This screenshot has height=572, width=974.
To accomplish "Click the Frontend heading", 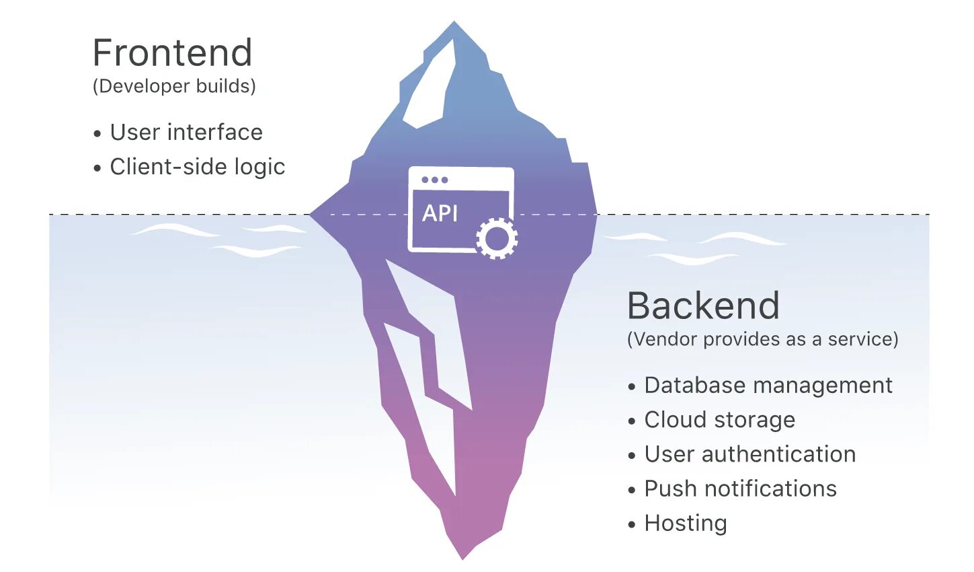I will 172,53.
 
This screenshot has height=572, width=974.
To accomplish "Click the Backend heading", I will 703,306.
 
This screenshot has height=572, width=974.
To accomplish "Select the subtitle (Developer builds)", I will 174,86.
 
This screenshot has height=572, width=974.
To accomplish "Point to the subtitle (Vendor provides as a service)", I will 762,339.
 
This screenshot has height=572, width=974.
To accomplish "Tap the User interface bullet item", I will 186,133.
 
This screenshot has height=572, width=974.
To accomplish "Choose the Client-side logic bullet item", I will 197,167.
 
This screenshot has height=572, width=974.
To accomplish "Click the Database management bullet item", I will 768,386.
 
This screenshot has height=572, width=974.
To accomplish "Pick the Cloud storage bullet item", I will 719,420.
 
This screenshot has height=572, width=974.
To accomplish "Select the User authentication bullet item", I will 749,454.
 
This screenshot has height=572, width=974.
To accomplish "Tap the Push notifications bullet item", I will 740,489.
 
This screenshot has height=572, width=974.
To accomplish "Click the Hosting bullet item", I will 685,524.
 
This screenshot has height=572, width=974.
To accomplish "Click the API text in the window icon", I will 440,213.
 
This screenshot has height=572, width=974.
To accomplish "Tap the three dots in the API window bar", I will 434,180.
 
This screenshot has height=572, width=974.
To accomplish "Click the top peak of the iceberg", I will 454,23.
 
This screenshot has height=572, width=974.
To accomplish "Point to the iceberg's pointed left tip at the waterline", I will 312,215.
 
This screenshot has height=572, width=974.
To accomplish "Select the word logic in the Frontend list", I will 259,167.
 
